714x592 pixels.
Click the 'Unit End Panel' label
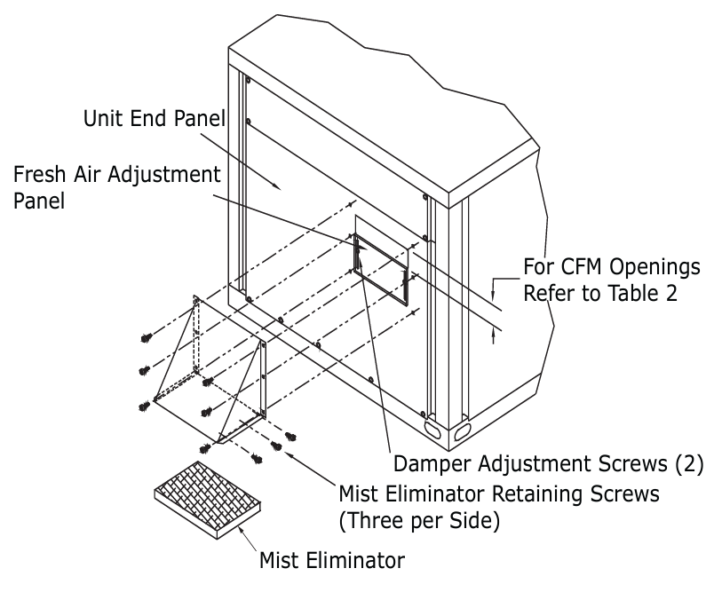click(x=153, y=117)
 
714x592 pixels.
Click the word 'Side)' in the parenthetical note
click(x=477, y=518)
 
